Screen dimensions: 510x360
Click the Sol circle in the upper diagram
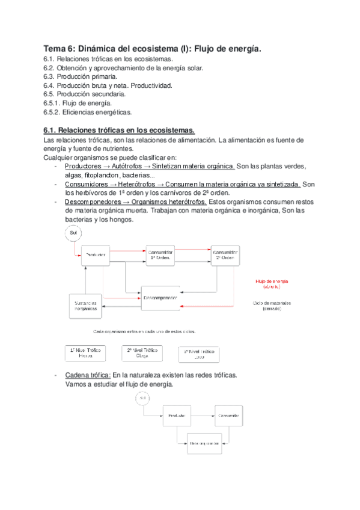[x=73, y=233]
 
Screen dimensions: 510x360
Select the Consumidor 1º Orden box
[x=162, y=255]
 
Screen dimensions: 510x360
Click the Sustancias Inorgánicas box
[x=87, y=306]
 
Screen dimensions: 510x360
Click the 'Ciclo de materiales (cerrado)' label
[x=272, y=306]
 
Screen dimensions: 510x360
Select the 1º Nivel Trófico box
[x=85, y=352]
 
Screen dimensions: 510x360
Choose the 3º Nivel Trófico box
[x=199, y=354]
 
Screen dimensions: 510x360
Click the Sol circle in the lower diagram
[x=142, y=399]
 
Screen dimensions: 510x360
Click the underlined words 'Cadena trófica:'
[x=84, y=375]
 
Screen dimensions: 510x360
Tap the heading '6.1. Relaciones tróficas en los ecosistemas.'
[x=119, y=129]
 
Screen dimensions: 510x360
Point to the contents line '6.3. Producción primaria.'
[x=80, y=77]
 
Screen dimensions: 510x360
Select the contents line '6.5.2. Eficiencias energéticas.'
[x=87, y=112]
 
